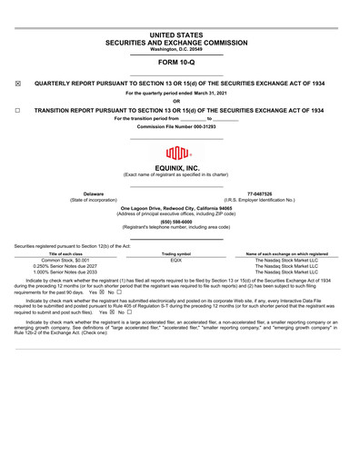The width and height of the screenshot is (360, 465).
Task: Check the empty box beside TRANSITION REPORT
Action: pyautogui.click(x=18, y=110)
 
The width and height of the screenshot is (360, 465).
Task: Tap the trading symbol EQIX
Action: pyautogui.click(x=176, y=260)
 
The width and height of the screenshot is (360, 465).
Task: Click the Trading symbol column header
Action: pyautogui.click(x=176, y=253)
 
